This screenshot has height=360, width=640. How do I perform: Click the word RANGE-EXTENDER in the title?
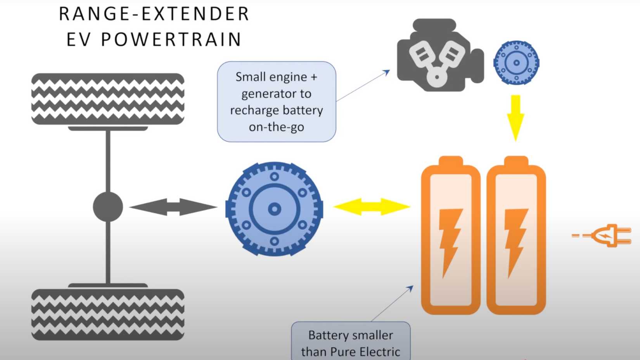(154, 14)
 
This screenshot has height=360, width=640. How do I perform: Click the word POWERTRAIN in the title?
(171, 40)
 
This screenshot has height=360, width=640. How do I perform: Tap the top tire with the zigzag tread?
(108, 99)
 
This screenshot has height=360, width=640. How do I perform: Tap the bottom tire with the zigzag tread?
(108, 314)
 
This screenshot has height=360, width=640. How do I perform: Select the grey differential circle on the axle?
(108, 207)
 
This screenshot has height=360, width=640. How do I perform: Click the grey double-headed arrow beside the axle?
(173, 207)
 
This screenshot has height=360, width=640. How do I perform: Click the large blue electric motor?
(274, 209)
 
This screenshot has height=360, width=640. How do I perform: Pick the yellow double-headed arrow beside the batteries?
(372, 207)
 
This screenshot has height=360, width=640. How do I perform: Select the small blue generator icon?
(516, 62)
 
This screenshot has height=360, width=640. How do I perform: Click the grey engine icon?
(438, 56)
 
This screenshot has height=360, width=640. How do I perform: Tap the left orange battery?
(451, 237)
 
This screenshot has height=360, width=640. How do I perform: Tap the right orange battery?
(516, 237)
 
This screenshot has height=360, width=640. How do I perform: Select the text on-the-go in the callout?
(276, 127)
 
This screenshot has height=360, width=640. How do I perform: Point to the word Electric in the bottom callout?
(380, 352)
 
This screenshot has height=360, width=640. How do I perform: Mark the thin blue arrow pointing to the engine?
(363, 86)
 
